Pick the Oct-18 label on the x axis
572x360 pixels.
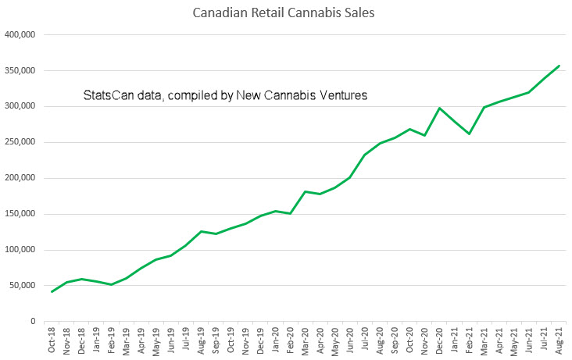[x=52, y=338]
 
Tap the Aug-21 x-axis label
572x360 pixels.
[x=559, y=338]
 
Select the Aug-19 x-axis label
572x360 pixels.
[x=202, y=338]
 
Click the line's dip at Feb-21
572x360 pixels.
[x=469, y=134]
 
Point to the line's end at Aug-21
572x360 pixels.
[x=559, y=66]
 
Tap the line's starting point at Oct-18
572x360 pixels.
[x=52, y=292]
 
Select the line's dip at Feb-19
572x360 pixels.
[x=112, y=284]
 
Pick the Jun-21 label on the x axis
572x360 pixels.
[x=529, y=338]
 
